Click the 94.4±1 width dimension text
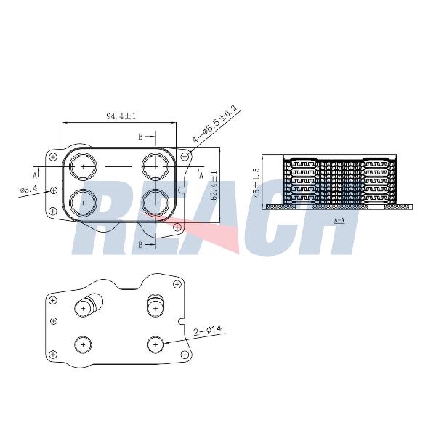click(121, 116)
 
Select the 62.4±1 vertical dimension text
click(214, 185)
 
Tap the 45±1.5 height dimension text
click(257, 182)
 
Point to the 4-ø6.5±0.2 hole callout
click(215, 124)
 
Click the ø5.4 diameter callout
click(28, 190)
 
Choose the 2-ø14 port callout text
click(208, 331)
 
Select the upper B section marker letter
click(141, 137)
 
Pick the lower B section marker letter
click(141, 245)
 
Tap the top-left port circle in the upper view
click(84, 166)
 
